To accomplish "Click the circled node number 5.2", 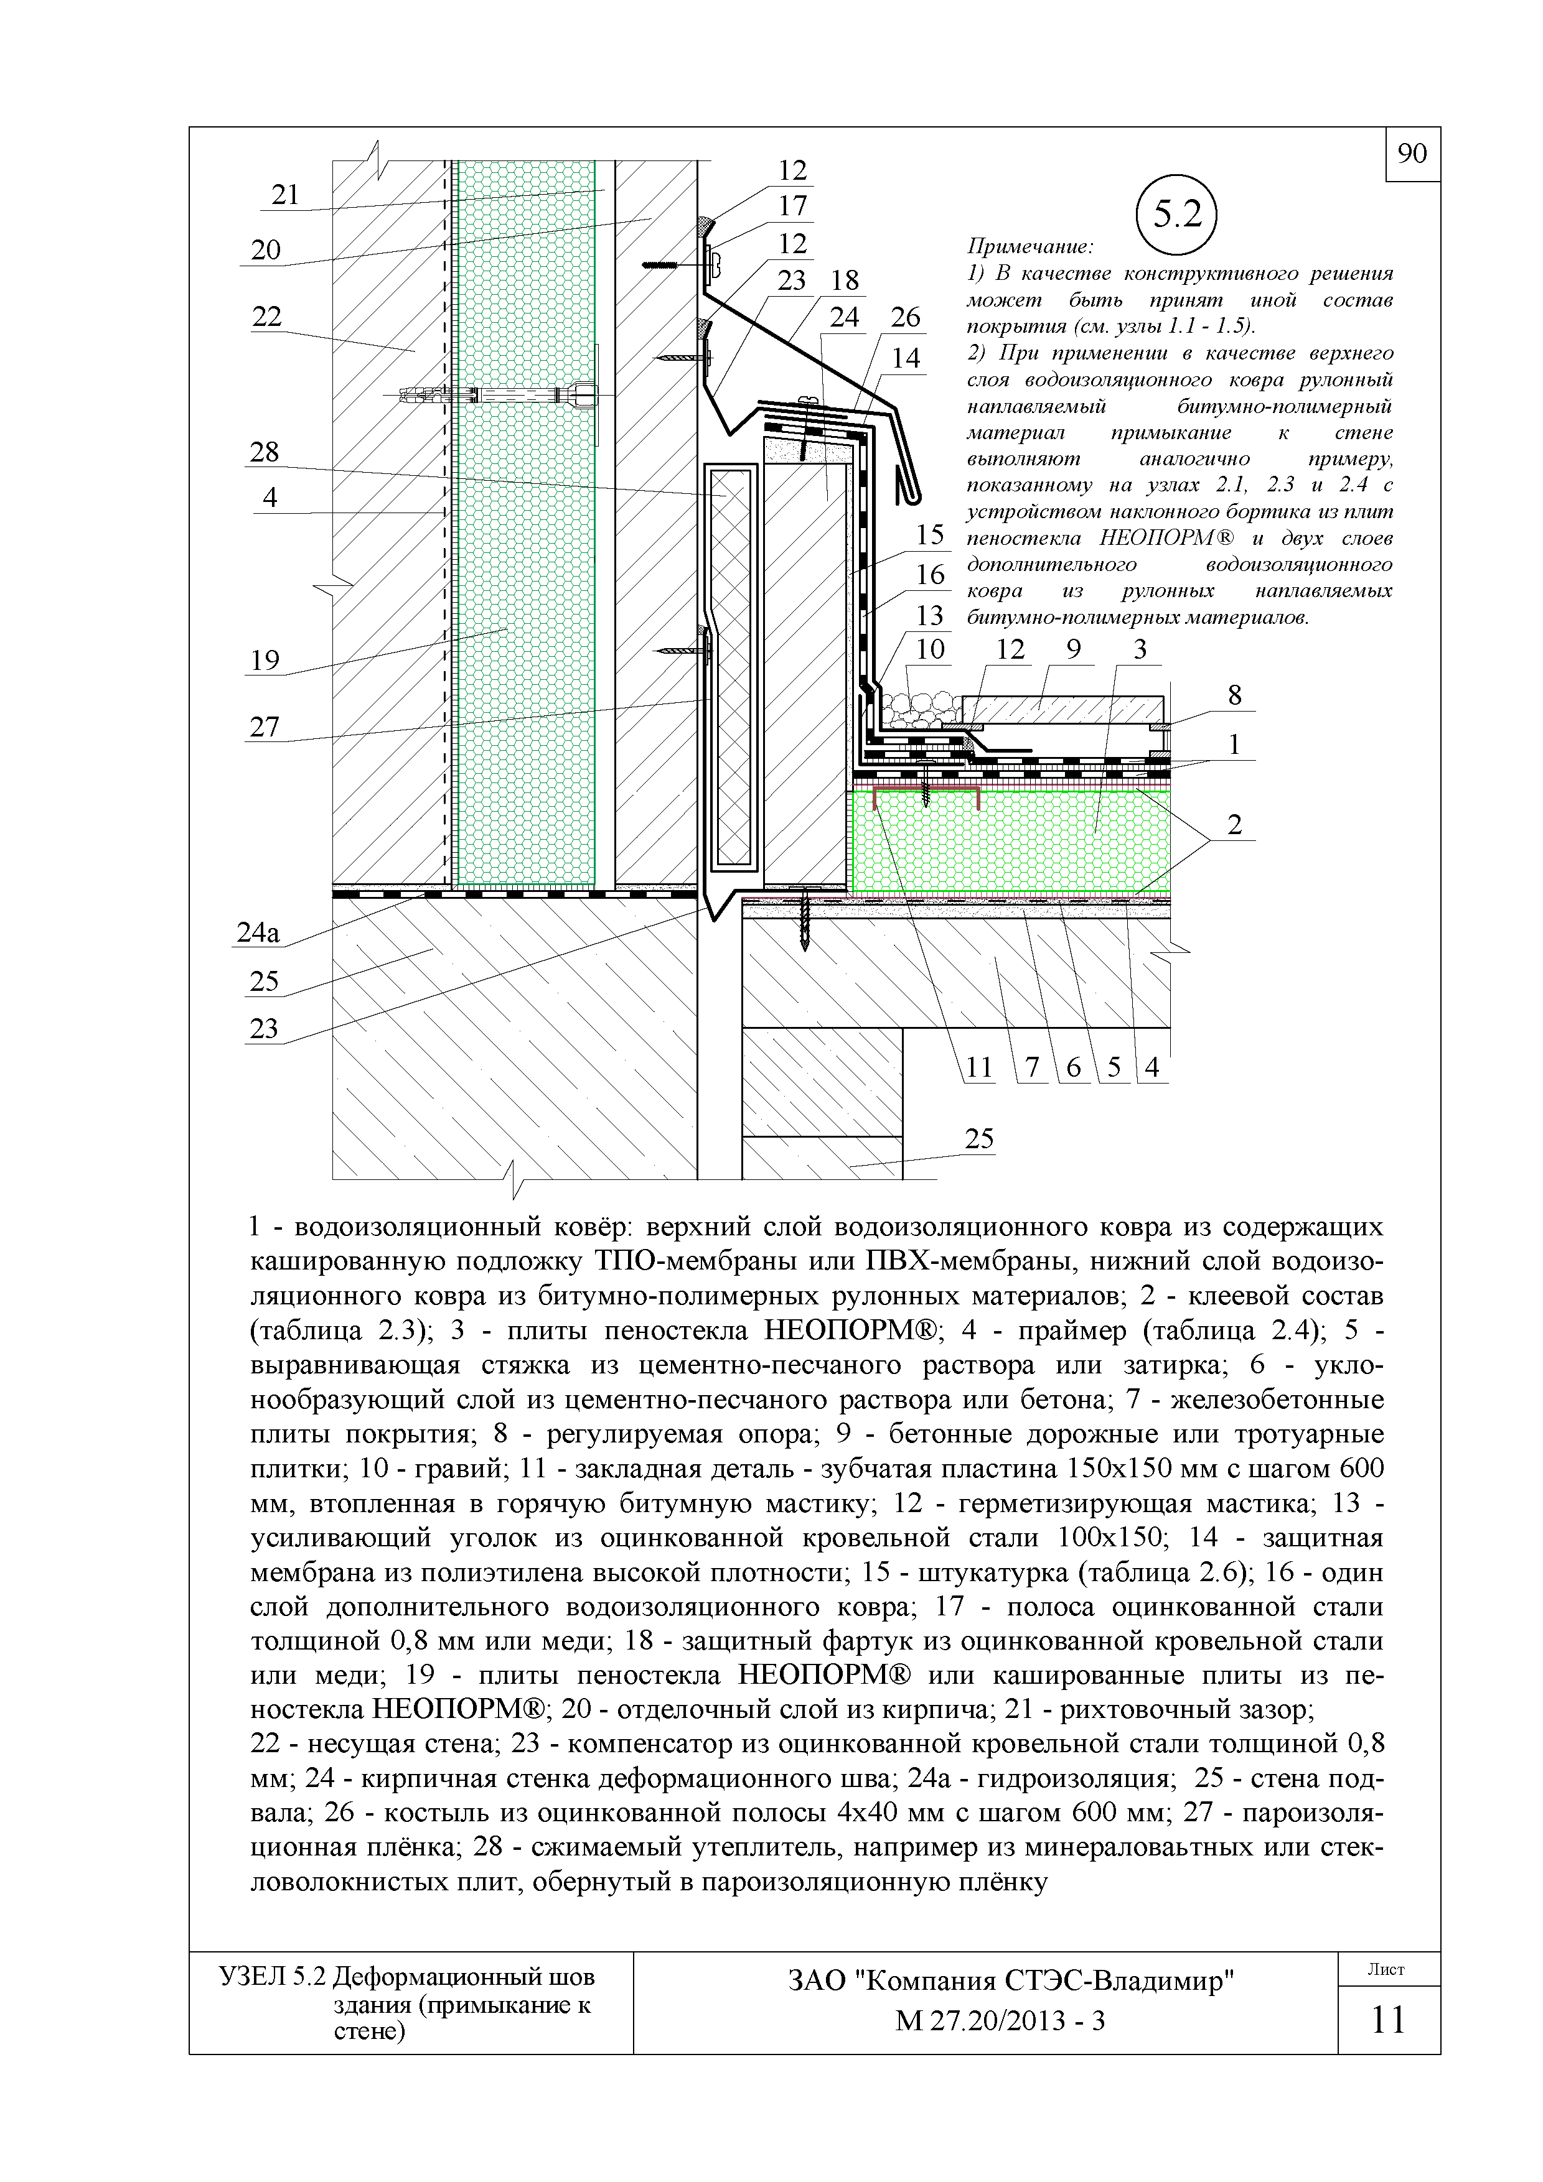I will click(1177, 216).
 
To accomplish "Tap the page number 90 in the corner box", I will click(1413, 154).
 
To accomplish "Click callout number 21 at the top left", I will click(285, 195).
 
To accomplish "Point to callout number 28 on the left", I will click(265, 452).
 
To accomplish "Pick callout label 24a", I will click(258, 933).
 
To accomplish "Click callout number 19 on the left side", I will click(265, 659).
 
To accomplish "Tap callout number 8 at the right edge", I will click(1234, 695).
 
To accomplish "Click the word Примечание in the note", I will click(1029, 247).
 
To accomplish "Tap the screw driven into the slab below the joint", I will click(806, 917).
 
